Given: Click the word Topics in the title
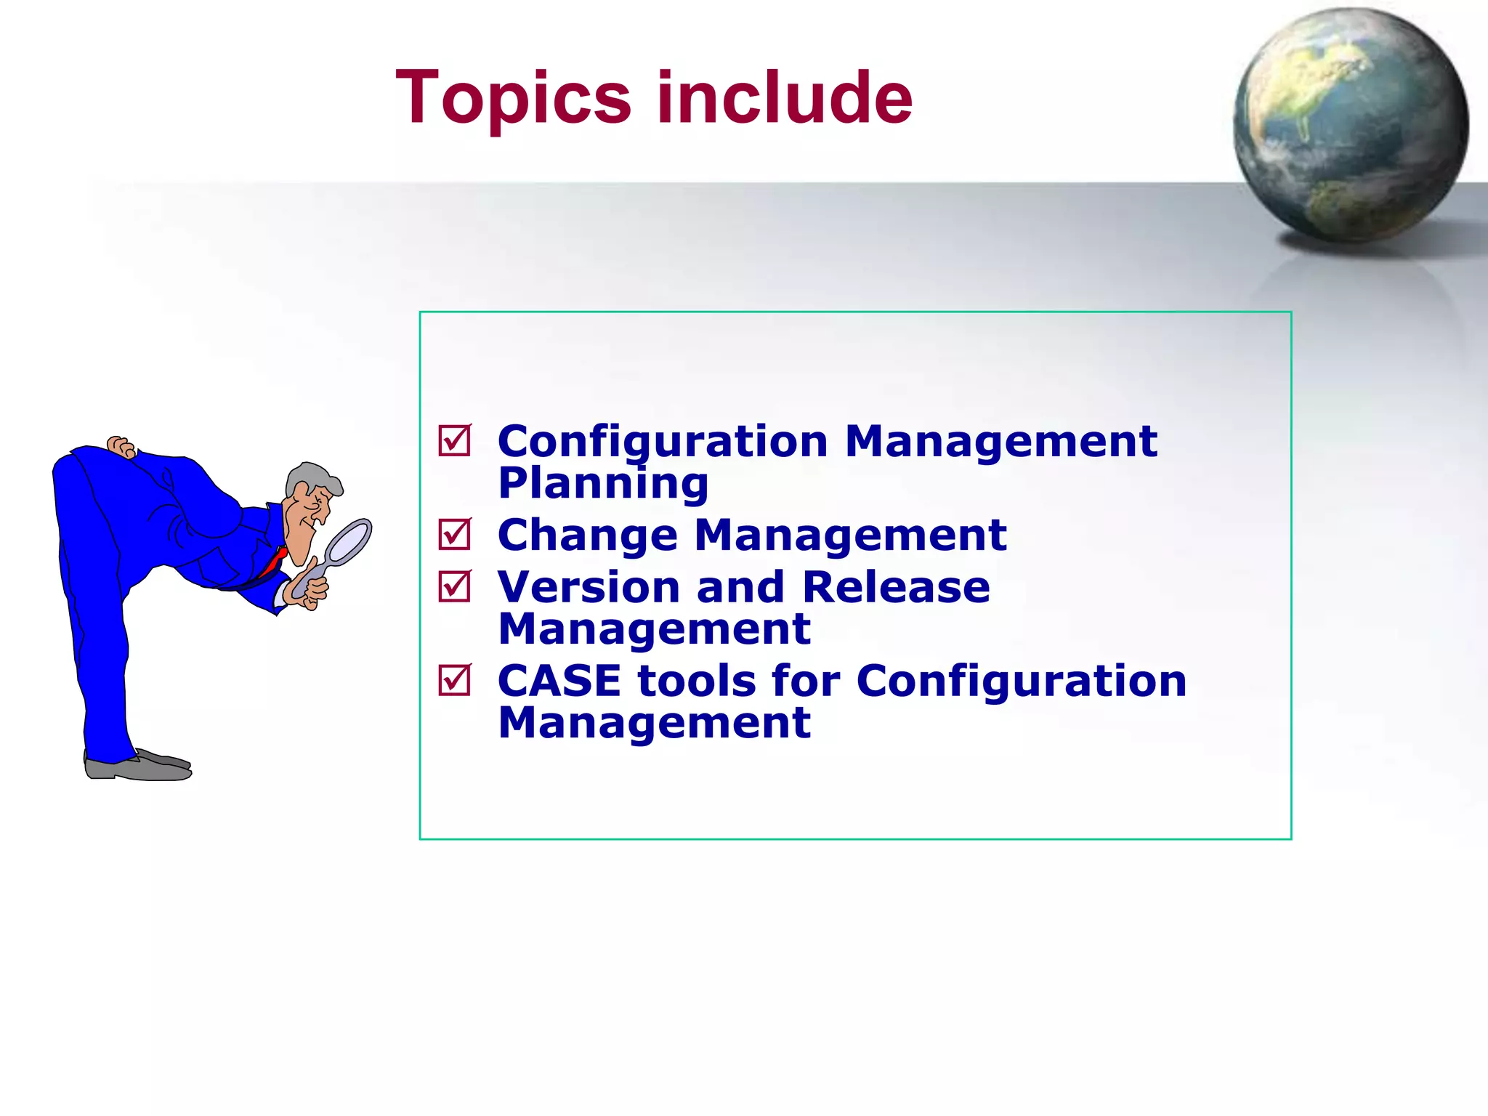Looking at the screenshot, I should [513, 98].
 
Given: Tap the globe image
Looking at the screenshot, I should [1350, 125].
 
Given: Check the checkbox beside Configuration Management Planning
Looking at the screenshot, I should [455, 441].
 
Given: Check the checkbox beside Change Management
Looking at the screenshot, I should [455, 535].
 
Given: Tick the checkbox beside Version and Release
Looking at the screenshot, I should [455, 586].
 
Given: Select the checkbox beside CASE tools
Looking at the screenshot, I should [455, 681].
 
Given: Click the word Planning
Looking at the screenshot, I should [603, 484].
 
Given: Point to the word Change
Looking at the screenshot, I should [587, 536].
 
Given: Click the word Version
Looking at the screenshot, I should [589, 587].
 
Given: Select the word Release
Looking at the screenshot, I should [895, 587].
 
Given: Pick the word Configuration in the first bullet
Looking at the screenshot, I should [662, 442].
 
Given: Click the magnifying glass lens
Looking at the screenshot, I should [347, 542].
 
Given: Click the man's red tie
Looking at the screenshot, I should [273, 562].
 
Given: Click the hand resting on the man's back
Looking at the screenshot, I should [121, 446].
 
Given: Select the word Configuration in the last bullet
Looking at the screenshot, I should [1021, 682].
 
